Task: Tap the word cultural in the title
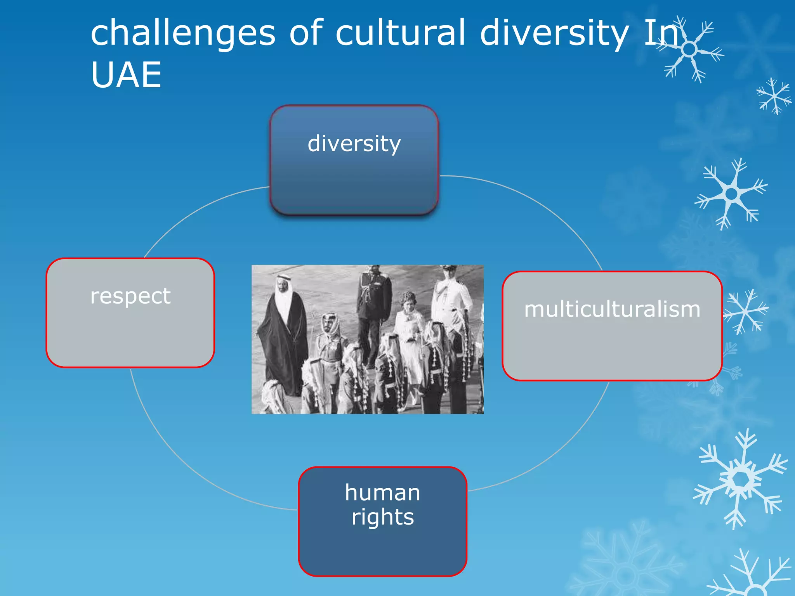coord(400,33)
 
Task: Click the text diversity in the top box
coord(354,144)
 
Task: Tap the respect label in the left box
coord(130,296)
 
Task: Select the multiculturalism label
coord(612,310)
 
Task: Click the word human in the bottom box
coord(382,493)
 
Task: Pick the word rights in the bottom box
coord(383,517)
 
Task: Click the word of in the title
coord(306,33)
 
